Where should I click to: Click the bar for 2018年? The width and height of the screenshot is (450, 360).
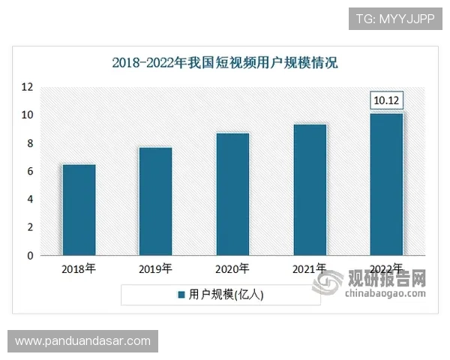pos(79,210)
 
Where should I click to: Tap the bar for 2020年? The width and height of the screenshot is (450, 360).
pos(232,194)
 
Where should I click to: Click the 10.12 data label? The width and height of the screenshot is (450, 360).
pos(387,100)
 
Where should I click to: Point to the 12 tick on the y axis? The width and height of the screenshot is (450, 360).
pos(27,87)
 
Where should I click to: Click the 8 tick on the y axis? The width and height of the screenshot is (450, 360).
pos(30,143)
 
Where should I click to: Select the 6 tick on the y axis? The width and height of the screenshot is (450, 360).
pos(30,172)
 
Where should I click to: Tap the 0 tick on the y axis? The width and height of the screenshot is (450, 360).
pos(30,256)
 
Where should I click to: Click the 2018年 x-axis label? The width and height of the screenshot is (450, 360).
pos(79,268)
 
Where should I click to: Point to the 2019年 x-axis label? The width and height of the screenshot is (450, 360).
pos(156,268)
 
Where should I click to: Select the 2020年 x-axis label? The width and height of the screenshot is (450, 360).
pos(232,268)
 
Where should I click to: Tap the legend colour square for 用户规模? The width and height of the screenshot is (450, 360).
pos(181,295)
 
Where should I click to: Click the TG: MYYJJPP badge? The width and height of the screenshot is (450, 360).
pos(394,17)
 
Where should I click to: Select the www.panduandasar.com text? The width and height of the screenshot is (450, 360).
pos(82,341)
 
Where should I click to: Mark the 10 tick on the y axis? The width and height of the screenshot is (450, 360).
pos(27,115)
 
